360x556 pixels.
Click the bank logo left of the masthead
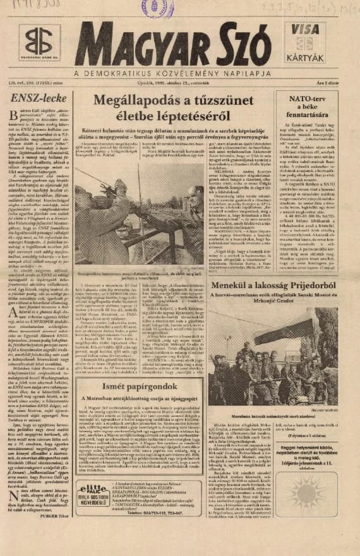39,44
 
